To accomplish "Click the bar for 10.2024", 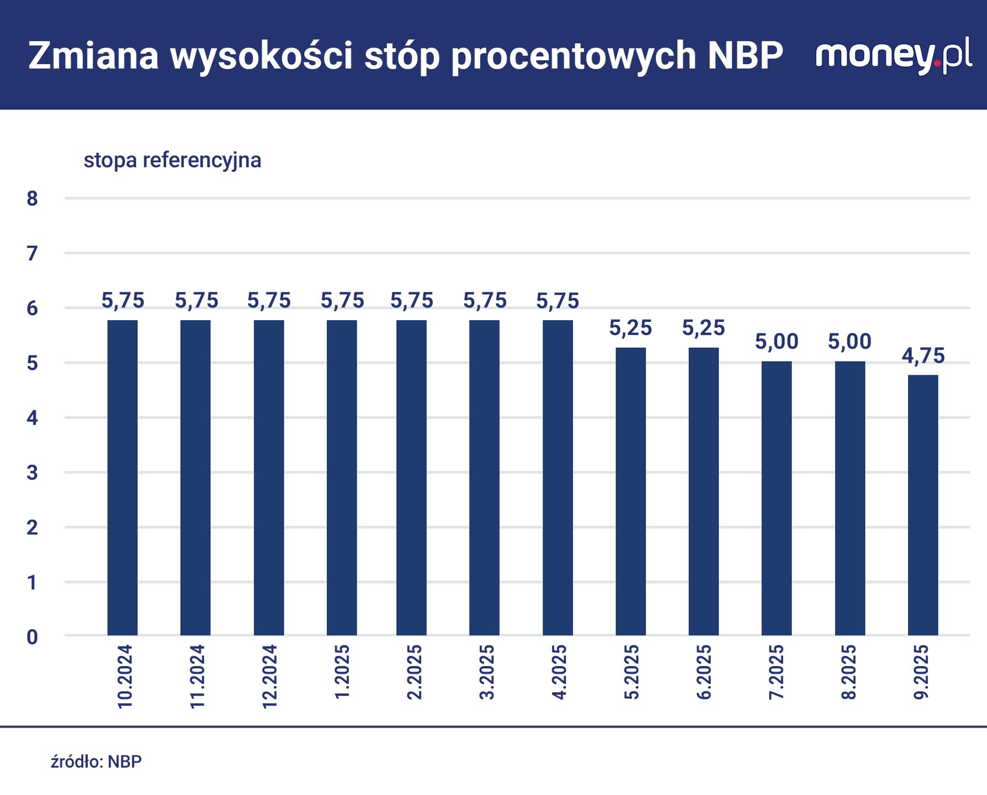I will pyautogui.click(x=123, y=478).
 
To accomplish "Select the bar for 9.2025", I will pyautogui.click(x=923, y=505).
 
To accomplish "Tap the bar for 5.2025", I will pyautogui.click(x=631, y=491).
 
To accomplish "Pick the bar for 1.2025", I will pyautogui.click(x=342, y=478).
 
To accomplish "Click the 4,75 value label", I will pyautogui.click(x=923, y=356).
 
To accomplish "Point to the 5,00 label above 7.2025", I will pyautogui.click(x=777, y=342).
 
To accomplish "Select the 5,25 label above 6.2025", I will pyautogui.click(x=703, y=328).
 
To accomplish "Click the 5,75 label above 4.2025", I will pyautogui.click(x=558, y=301).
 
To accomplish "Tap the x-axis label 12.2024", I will pyautogui.click(x=269, y=676).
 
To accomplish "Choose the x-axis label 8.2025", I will pyautogui.click(x=849, y=672).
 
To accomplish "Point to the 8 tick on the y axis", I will pyautogui.click(x=32, y=199).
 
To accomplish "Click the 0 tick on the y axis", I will pyautogui.click(x=32, y=637).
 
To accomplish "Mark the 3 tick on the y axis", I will pyautogui.click(x=32, y=473).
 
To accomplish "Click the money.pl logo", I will pyautogui.click(x=893, y=56).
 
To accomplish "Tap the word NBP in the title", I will pyautogui.click(x=745, y=56).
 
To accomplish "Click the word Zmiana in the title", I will pyautogui.click(x=94, y=56).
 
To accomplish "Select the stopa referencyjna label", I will pyautogui.click(x=172, y=160).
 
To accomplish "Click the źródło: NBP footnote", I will pyautogui.click(x=96, y=762).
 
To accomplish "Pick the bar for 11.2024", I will pyautogui.click(x=195, y=478).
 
